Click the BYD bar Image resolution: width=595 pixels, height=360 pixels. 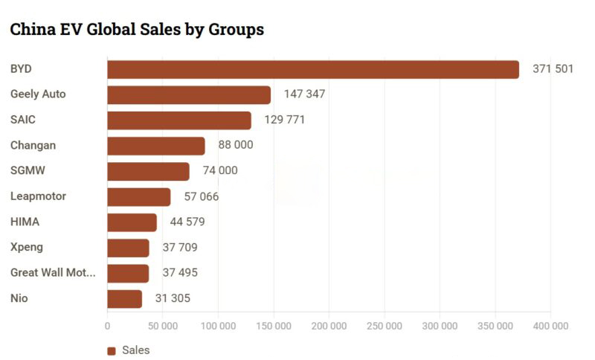coord(313,69)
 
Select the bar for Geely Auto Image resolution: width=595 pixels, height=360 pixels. coord(189,94)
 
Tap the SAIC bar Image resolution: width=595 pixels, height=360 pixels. coord(179,120)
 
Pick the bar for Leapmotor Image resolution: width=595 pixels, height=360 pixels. coord(139,196)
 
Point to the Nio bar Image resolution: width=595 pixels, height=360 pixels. coord(125,298)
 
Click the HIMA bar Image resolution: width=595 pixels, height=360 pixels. coord(132,222)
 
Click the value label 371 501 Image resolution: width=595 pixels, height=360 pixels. coord(553,69)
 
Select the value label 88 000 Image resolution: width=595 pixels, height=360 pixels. coord(235,145)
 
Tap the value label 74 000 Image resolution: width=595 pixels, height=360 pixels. coord(220,171)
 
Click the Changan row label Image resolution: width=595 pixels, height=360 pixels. coord(33,146)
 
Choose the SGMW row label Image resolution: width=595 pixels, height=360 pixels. coord(28,171)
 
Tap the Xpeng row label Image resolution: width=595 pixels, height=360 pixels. coord(27,248)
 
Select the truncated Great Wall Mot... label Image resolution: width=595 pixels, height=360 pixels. coord(53,273)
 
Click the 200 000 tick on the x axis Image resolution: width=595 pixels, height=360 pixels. coord(329,326)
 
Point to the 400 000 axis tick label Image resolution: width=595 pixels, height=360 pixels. coord(550,326)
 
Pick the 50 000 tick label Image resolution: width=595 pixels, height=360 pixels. coord(163,326)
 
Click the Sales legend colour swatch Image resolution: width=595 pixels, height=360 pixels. coord(112,350)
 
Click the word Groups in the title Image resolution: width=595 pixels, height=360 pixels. coord(236,30)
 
